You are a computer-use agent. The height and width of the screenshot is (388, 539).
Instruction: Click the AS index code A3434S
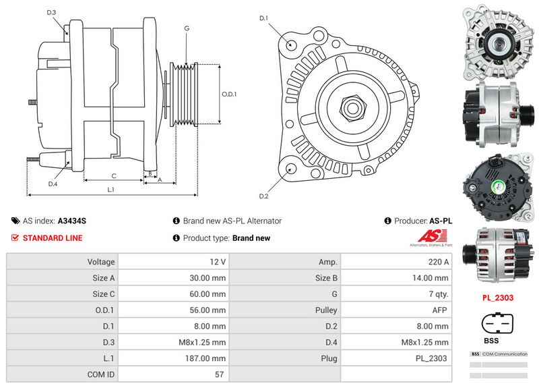[71, 221]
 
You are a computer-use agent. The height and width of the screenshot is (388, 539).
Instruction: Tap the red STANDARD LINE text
[53, 238]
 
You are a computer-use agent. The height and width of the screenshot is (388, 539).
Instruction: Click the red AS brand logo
[429, 238]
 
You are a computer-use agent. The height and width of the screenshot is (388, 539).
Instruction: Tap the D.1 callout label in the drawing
[264, 18]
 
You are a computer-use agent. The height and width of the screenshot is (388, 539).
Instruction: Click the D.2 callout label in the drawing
[264, 196]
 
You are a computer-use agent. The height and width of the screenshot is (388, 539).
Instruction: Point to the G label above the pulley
[186, 28]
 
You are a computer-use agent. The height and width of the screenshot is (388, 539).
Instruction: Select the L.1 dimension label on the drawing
[110, 190]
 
